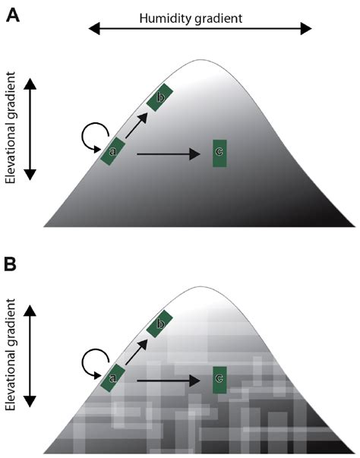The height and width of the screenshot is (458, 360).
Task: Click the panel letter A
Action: click(x=13, y=15)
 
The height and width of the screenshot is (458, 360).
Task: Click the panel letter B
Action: click(x=11, y=264)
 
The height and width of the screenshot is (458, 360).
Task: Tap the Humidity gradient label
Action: click(x=191, y=19)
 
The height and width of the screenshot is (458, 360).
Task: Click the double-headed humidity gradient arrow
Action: click(x=200, y=29)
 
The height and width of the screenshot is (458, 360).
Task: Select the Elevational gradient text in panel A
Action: click(x=10, y=128)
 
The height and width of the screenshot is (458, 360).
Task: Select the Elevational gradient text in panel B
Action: click(x=10, y=354)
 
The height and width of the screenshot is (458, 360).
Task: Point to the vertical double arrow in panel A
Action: click(x=30, y=129)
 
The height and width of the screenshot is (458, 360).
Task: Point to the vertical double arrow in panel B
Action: click(x=30, y=356)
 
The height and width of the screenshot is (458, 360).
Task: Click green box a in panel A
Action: click(x=112, y=151)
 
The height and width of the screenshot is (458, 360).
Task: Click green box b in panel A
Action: click(x=159, y=97)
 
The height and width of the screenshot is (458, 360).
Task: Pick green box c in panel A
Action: click(x=219, y=153)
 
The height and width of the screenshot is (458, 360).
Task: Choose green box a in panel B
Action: click(x=112, y=378)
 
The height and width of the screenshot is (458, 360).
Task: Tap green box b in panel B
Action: click(x=159, y=324)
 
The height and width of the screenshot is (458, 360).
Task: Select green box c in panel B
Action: click(x=219, y=380)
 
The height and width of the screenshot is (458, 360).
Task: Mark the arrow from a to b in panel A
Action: click(x=137, y=125)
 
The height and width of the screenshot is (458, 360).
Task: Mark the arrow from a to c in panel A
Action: click(x=169, y=154)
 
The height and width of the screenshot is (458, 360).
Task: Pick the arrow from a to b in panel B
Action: click(x=137, y=352)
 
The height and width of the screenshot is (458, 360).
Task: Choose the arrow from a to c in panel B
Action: click(x=169, y=381)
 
